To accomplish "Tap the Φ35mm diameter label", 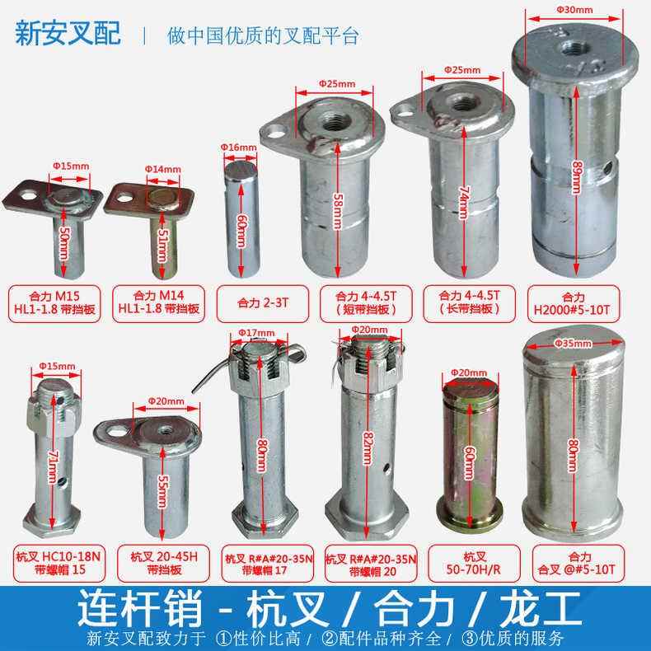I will (569, 340).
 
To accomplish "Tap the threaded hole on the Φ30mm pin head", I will (569, 44).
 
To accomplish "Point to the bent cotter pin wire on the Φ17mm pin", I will (206, 375).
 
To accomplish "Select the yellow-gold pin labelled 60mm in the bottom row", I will (466, 461).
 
